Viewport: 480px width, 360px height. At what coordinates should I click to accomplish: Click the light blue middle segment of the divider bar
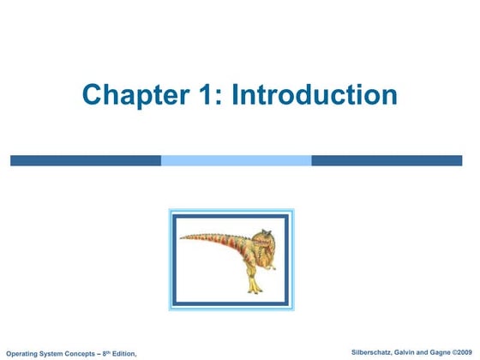click(x=236, y=160)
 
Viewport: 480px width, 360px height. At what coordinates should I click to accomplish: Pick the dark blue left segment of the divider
click(x=86, y=160)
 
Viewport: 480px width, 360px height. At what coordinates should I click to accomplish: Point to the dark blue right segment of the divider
click(x=386, y=160)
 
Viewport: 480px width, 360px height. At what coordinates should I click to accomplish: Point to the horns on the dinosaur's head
click(x=265, y=231)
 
